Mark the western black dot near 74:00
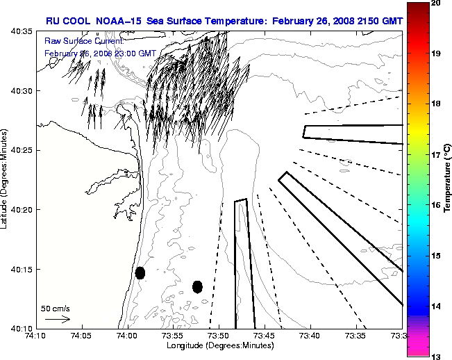pyautogui.click(x=140, y=272)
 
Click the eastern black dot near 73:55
pyautogui.click(x=197, y=286)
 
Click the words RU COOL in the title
pyautogui.click(x=67, y=21)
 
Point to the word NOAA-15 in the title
pyautogui.click(x=117, y=21)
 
